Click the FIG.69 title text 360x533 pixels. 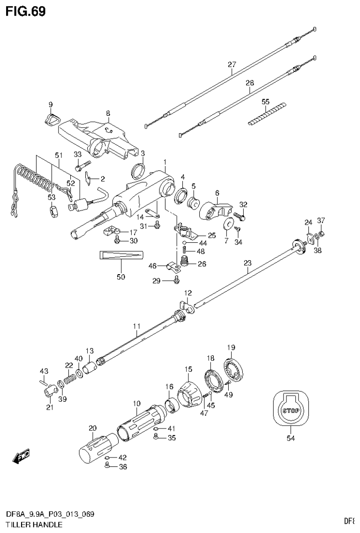pos(26,11)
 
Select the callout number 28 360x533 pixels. pos(249,83)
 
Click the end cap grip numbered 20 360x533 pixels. pos(97,446)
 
